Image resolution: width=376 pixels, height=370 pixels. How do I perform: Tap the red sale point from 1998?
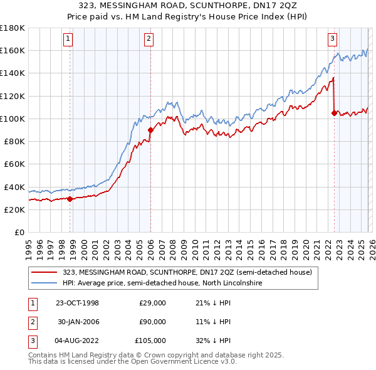click(70, 199)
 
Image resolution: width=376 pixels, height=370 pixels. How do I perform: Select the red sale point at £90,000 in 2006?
click(150, 130)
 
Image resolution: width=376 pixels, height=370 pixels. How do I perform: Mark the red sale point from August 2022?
click(333, 113)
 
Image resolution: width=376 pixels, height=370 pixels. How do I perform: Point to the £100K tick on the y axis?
click(12, 119)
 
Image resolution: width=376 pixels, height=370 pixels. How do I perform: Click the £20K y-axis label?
click(14, 209)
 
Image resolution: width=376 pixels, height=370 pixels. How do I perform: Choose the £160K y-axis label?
click(12, 50)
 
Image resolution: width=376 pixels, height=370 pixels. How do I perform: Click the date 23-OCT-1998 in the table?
click(77, 303)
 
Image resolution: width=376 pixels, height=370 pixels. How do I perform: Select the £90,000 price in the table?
click(152, 322)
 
